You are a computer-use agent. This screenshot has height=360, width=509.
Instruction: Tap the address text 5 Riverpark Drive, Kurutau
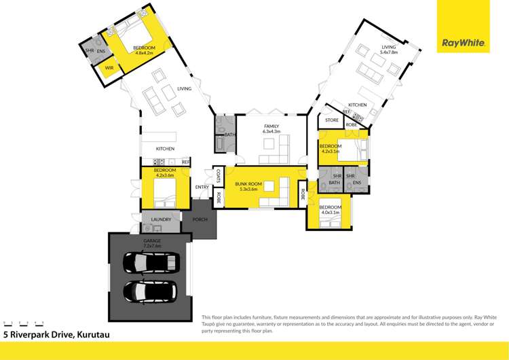pyautogui.click(x=57, y=334)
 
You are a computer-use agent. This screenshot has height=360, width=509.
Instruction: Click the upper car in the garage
pyautogui.click(x=151, y=262)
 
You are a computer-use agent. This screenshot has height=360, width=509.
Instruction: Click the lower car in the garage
pyautogui.click(x=151, y=291)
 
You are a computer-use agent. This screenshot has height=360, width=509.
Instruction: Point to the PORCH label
pyautogui.click(x=200, y=219)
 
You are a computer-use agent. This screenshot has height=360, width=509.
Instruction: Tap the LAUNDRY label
pyautogui.click(x=161, y=219)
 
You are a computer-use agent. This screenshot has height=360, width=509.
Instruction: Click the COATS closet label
pyautogui.click(x=219, y=177)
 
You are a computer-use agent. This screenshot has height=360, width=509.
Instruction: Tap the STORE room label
pyautogui.click(x=332, y=120)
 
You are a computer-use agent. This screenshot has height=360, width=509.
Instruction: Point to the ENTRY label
pyautogui.click(x=202, y=187)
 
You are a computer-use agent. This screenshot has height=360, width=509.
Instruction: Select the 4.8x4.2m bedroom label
pyautogui.click(x=144, y=49)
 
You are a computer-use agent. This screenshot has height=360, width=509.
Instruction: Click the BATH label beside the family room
pyautogui.click(x=229, y=134)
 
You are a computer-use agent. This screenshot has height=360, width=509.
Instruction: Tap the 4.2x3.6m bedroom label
pyautogui.click(x=164, y=173)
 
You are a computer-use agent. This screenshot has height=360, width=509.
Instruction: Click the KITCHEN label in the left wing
pyautogui.click(x=165, y=149)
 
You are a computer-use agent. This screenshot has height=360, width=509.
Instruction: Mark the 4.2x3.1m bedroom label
pyautogui.click(x=331, y=148)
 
